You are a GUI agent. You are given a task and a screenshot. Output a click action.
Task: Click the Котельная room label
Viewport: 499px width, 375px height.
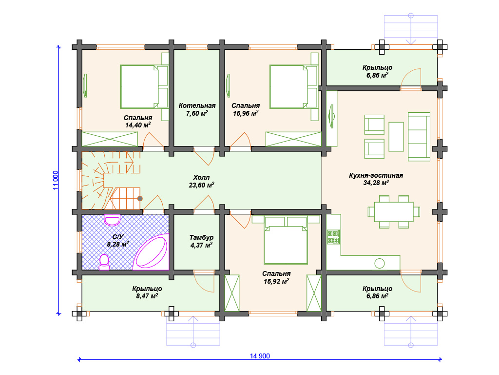(x=197, y=105)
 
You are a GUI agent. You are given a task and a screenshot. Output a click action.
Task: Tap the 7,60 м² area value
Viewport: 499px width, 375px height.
(x=197, y=113)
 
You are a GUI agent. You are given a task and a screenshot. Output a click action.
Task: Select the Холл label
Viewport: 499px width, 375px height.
(x=201, y=177)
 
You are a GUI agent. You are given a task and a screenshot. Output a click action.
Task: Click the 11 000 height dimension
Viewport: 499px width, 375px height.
(x=56, y=181)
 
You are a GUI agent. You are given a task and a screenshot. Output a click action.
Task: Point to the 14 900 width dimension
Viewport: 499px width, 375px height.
(x=260, y=356)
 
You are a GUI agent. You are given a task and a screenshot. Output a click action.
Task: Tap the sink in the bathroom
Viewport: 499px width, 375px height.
(x=112, y=220)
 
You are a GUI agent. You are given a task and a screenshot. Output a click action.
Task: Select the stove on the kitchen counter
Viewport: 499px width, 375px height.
(x=333, y=237)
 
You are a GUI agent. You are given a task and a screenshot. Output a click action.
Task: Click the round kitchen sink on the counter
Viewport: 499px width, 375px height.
(x=379, y=264)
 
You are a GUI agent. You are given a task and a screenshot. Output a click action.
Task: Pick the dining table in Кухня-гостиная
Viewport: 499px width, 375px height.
(x=394, y=212)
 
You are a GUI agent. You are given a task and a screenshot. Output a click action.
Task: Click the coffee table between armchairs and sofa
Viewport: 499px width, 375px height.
(x=396, y=137)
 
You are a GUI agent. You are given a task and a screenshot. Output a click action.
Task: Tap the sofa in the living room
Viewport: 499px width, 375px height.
(x=419, y=137)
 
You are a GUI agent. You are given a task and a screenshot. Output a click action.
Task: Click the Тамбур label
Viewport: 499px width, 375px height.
(x=201, y=237)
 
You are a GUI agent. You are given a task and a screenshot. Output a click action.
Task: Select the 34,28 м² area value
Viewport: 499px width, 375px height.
(x=376, y=183)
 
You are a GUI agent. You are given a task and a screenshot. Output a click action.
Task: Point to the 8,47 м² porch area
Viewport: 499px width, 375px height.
(x=147, y=296)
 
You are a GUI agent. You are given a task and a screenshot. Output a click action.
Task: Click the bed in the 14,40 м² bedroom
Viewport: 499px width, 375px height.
(x=144, y=87)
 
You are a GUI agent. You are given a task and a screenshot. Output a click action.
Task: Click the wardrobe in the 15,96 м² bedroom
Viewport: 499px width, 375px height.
(x=293, y=139)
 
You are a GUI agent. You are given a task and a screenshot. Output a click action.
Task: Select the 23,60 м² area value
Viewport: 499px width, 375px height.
(x=201, y=185)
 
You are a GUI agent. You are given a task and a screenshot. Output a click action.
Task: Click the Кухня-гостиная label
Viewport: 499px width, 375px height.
(x=376, y=175)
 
